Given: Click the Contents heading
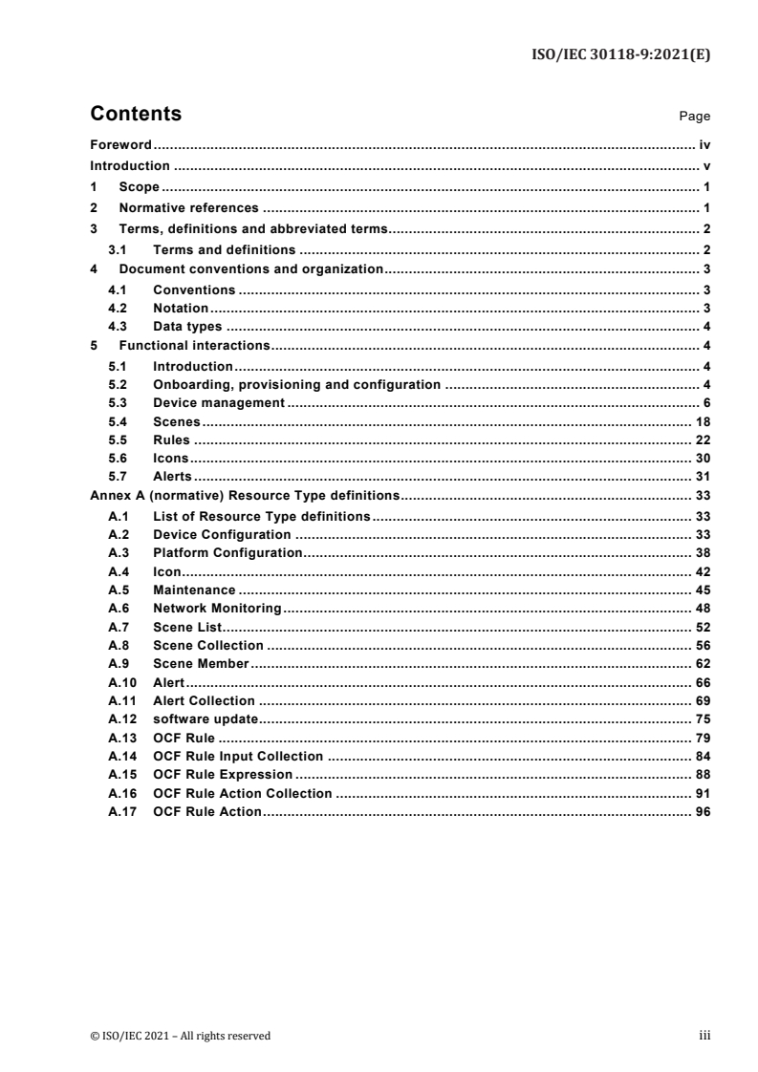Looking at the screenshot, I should (x=135, y=115).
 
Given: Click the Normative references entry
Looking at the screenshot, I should (x=188, y=207).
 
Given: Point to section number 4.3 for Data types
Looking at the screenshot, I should (x=118, y=325).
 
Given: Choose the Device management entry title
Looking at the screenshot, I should (x=219, y=403).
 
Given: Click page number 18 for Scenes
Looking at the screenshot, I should (x=703, y=421).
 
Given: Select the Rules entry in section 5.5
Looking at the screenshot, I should (x=171, y=440).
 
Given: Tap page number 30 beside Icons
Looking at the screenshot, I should (x=703, y=458).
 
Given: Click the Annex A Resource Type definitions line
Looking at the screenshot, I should (x=244, y=497).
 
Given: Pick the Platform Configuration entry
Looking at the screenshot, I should (x=227, y=552).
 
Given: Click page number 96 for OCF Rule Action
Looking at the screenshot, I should (x=703, y=811).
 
